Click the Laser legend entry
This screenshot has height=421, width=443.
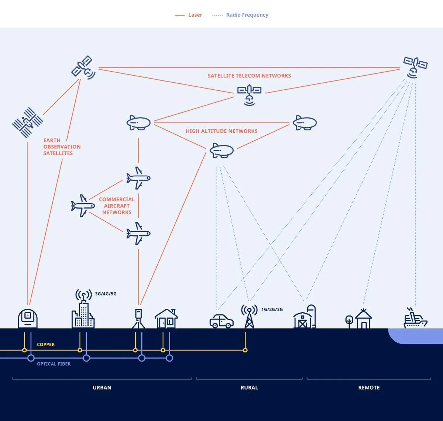coord(189,15)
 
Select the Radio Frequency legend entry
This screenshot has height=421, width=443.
coord(240,15)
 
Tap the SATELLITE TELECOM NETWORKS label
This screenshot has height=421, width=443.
coord(249,76)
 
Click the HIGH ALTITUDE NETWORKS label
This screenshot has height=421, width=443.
coord(221,131)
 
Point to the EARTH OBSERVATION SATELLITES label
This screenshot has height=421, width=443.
coord(62,146)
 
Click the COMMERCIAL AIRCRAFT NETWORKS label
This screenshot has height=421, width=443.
coord(117,206)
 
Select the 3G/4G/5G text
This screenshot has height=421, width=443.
coord(106,294)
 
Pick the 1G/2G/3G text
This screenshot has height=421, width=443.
coord(272,310)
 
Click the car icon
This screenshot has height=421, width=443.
coord(221,321)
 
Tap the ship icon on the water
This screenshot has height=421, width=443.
coord(415,319)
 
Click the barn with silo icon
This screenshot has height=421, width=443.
coord(305,317)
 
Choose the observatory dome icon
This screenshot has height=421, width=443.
coord(28,318)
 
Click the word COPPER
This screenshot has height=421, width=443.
coord(46,345)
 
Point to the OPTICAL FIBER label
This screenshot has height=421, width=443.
coord(54,364)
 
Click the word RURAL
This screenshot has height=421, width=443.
coord(249,388)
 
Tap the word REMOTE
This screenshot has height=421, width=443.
coord(369,388)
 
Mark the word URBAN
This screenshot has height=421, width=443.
coord(102,388)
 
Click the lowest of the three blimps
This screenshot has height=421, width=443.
coord(221,151)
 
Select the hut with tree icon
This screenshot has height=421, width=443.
coord(359,319)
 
